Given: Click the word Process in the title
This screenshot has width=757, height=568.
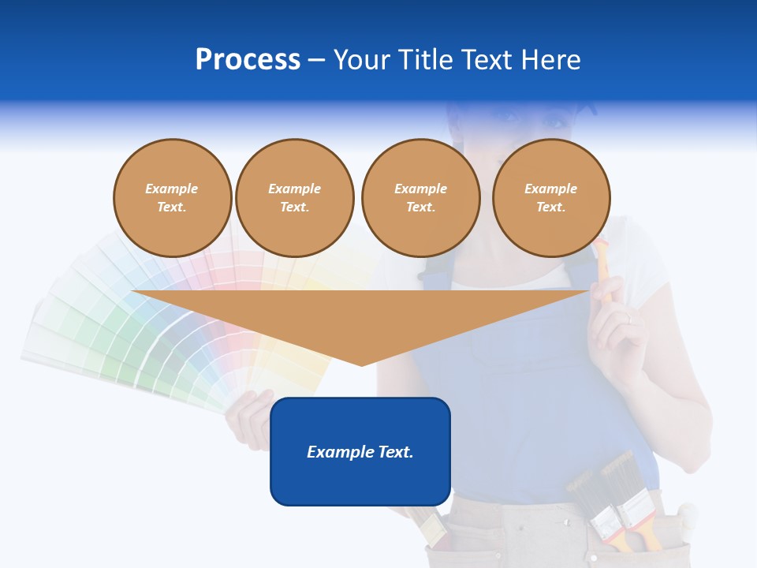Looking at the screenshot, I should tap(248, 60).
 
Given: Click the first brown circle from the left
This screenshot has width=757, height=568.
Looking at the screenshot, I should tap(172, 198).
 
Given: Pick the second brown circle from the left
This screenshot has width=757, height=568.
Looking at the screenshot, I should tap(294, 198).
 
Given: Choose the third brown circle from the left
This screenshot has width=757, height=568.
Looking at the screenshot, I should tap(420, 198).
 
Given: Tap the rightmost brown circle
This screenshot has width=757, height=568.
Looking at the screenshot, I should tap(551, 198).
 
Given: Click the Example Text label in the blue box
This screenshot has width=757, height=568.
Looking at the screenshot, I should tap(360, 452).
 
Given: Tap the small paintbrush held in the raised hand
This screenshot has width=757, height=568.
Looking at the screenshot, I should tap(602, 264).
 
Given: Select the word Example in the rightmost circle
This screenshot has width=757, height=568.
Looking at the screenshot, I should tap(551, 189).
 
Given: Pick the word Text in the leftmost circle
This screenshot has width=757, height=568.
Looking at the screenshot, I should tap(172, 207).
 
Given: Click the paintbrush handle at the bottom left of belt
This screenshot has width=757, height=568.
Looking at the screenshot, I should tap(432, 529).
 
